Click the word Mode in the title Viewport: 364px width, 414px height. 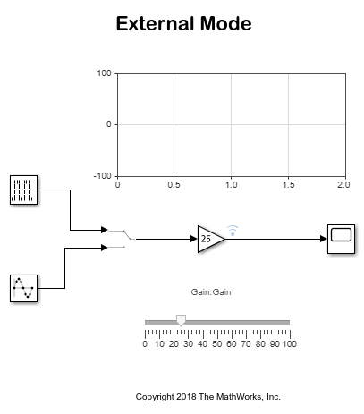(226, 23)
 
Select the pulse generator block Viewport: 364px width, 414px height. (23, 190)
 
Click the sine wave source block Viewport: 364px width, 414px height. (23, 288)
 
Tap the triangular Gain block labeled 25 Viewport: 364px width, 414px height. (210, 239)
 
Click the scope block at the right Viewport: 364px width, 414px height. (341, 239)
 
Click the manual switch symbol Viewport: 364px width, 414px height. (122, 239)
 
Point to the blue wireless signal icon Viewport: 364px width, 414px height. (233, 231)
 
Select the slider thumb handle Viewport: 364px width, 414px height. (181, 320)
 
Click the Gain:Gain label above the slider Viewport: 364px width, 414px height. (211, 292)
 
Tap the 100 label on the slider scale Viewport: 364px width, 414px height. (290, 344)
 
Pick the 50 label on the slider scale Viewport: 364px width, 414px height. (217, 344)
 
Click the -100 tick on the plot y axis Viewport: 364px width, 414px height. (102, 176)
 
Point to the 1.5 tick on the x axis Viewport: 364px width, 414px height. (289, 185)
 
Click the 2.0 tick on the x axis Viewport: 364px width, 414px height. (343, 185)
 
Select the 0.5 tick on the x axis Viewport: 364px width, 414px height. (174, 185)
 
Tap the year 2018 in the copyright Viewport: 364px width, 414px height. (186, 397)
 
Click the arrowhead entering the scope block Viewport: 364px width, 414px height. (324, 239)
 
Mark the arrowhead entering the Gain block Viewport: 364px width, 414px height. (194, 239)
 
